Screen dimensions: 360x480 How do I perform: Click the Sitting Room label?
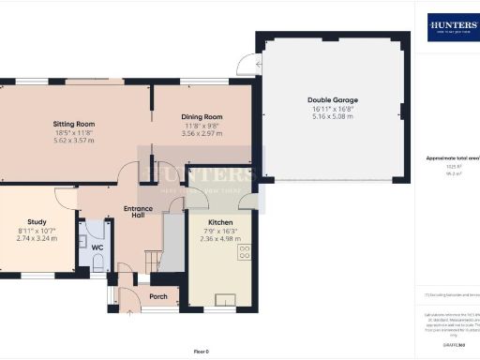[x=74, y=124]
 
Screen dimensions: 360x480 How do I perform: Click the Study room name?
[x=37, y=222]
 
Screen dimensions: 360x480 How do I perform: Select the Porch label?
[x=158, y=296]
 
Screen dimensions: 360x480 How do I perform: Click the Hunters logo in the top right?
[x=454, y=27]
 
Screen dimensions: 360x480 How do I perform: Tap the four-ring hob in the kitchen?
[x=245, y=251]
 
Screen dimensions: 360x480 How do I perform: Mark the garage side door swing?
[x=247, y=64]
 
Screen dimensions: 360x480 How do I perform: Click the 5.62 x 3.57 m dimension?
[x=74, y=141]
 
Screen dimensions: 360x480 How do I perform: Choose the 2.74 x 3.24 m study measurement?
[x=37, y=239]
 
